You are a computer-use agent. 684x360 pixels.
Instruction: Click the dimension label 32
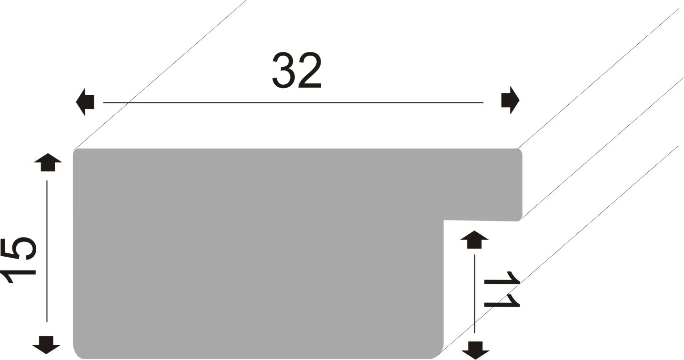pyautogui.click(x=297, y=70)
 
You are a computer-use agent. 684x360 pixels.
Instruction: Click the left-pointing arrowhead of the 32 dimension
pyautogui.click(x=85, y=102)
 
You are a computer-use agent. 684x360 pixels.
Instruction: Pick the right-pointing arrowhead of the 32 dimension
pyautogui.click(x=510, y=100)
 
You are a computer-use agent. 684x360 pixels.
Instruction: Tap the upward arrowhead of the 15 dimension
pyautogui.click(x=48, y=162)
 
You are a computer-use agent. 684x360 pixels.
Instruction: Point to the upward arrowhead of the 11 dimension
pyautogui.click(x=474, y=239)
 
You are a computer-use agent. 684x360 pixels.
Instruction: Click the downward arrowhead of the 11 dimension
pyautogui.click(x=475, y=350)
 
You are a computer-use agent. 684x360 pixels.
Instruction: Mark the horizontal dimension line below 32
pyautogui.click(x=293, y=102)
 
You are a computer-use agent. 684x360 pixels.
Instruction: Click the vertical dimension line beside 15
pyautogui.click(x=47, y=251)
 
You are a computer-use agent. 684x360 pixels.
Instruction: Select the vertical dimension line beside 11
pyautogui.click(x=474, y=294)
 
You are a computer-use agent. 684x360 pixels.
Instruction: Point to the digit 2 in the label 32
pyautogui.click(x=309, y=70)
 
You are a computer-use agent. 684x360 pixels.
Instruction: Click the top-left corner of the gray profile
pyautogui.click(x=73, y=149)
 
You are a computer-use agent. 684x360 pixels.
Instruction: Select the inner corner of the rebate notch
pyautogui.click(x=443, y=220)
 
